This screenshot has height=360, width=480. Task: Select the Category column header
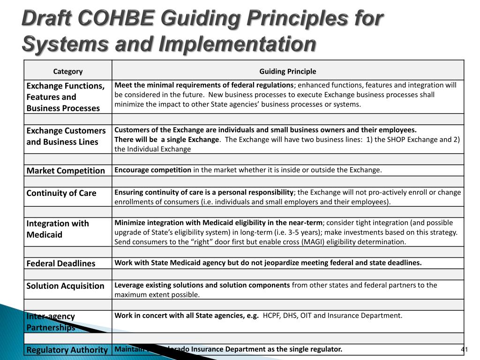[67, 71]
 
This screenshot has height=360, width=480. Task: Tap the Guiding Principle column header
[288, 71]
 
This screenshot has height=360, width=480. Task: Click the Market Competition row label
[66, 171]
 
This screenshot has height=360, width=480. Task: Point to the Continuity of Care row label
[61, 193]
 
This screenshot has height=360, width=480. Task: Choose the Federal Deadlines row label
[61, 263]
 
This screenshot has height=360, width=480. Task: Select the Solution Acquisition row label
[66, 286]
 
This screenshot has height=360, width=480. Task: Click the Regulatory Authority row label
[67, 350]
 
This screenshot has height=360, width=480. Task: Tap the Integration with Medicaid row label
[58, 229]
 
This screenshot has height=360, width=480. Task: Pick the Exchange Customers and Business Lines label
[66, 136]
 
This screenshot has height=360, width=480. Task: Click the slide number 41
[465, 350]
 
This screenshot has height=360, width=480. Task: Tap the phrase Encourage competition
[153, 170]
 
